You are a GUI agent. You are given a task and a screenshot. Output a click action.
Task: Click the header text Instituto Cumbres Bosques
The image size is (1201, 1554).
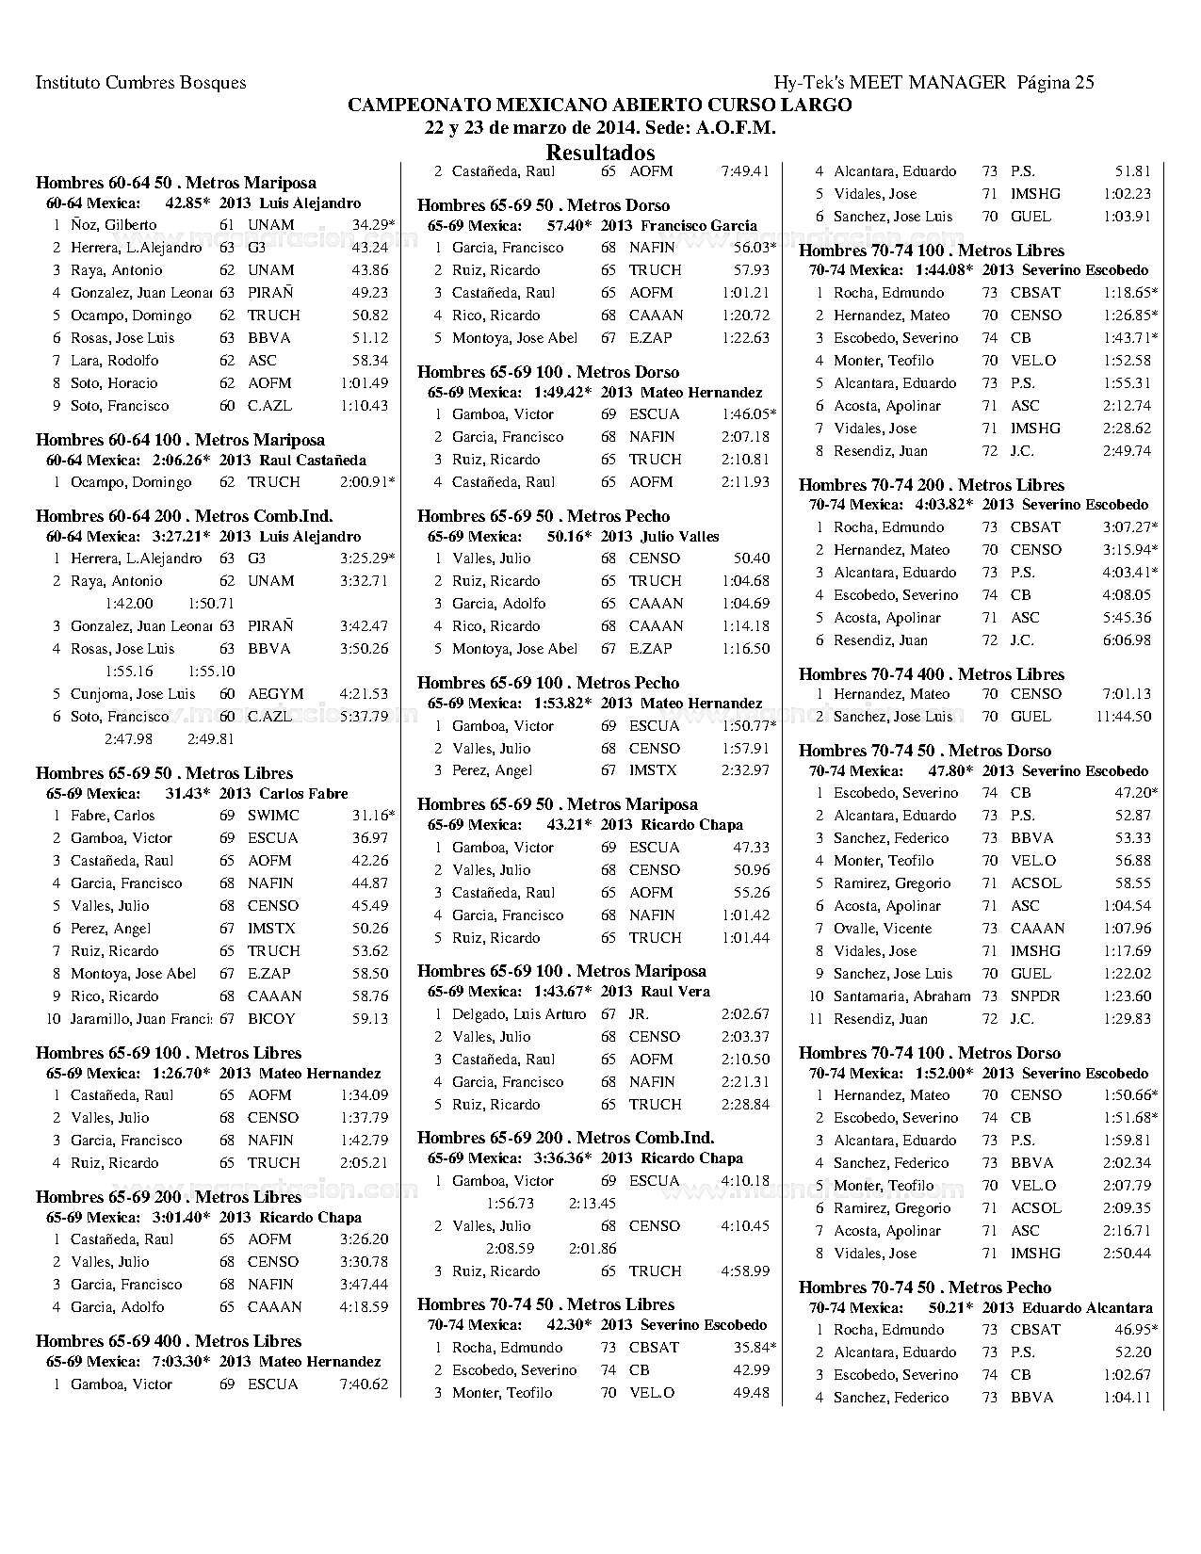(140, 83)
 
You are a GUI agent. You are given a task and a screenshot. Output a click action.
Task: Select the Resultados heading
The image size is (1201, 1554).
(600, 153)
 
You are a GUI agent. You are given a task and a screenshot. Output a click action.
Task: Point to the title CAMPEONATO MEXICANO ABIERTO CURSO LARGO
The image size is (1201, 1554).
(600, 105)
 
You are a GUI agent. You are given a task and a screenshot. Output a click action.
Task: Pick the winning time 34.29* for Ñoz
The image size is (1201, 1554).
(373, 225)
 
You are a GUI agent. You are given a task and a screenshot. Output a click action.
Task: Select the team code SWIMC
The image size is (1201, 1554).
(273, 816)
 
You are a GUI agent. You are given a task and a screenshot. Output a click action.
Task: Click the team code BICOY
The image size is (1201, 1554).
(271, 1019)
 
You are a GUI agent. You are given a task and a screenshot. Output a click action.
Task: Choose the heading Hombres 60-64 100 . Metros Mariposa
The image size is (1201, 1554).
(180, 440)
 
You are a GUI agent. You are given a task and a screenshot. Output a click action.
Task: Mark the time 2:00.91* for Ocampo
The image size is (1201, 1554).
(367, 482)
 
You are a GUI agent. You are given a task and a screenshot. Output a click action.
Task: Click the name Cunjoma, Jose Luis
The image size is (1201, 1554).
(133, 694)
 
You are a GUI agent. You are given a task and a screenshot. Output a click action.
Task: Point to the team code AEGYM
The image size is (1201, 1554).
(275, 694)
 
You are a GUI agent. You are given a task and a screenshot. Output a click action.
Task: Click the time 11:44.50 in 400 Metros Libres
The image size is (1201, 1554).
(1123, 717)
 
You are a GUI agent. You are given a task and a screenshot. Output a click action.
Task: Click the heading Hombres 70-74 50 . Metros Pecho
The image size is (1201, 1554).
(924, 1287)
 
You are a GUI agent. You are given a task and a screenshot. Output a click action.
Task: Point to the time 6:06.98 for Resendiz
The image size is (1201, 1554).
(1127, 640)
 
